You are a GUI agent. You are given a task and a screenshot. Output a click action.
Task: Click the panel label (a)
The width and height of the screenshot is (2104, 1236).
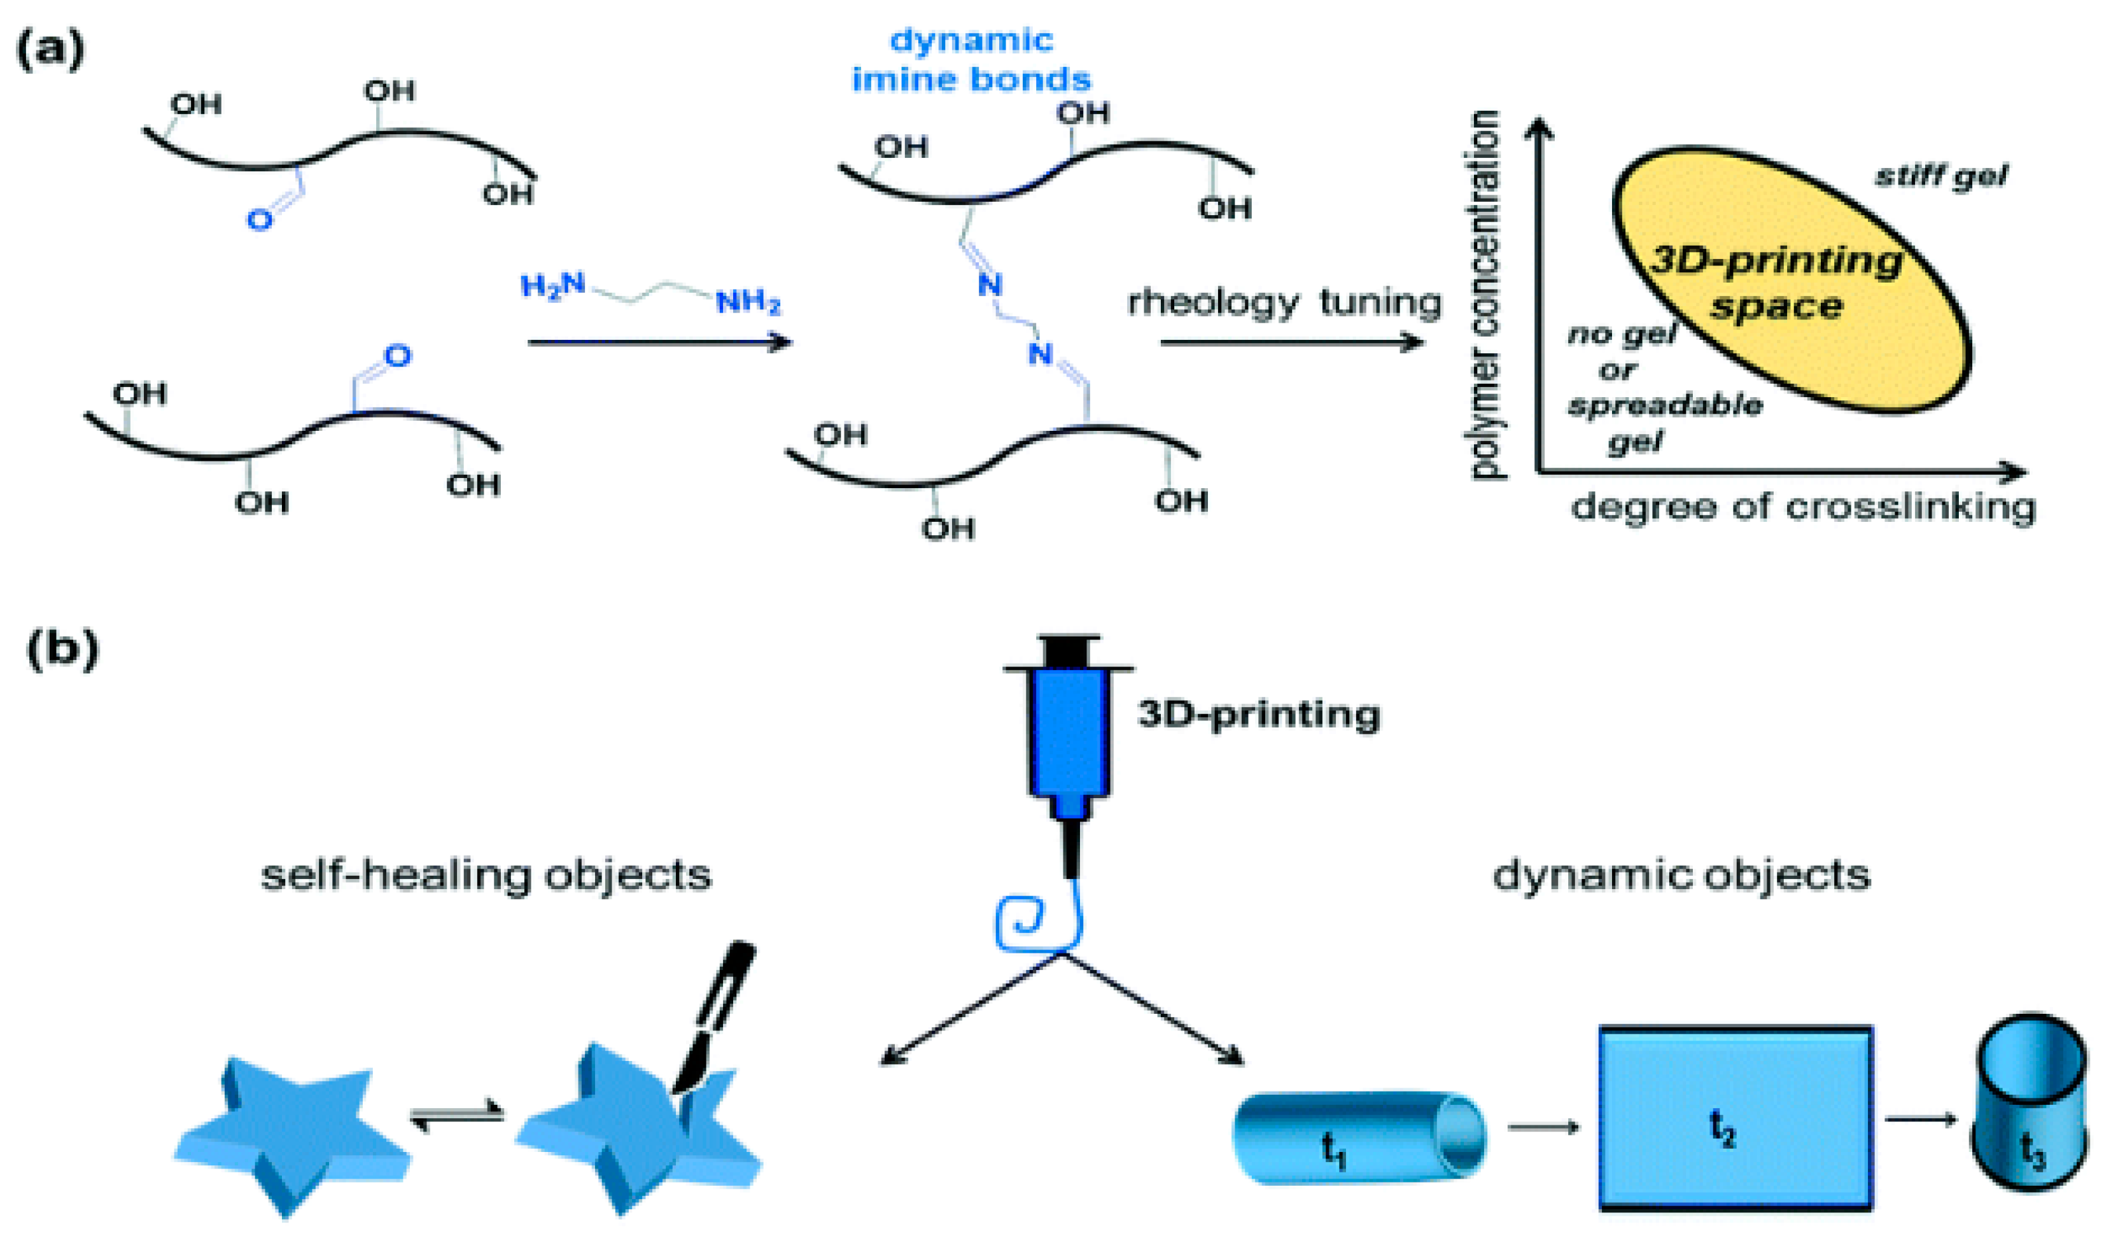coord(50,50)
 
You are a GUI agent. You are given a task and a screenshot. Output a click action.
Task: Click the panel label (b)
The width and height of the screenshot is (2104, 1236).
coord(62,650)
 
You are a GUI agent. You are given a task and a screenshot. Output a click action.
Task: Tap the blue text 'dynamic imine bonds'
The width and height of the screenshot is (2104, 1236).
coord(971,60)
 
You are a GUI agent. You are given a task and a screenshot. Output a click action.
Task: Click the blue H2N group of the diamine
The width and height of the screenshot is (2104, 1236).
coord(552,286)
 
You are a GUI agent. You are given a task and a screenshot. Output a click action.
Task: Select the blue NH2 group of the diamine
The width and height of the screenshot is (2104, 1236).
coord(748,302)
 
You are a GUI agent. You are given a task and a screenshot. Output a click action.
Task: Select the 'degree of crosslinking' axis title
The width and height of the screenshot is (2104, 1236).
coord(1804,507)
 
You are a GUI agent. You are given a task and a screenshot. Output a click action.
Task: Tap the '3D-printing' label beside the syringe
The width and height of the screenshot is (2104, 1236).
coord(1258,714)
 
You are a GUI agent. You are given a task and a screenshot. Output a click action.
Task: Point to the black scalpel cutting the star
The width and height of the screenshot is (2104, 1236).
coord(714,1019)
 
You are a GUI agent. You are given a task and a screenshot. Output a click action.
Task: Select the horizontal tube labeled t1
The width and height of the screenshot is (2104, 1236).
coord(1357,1137)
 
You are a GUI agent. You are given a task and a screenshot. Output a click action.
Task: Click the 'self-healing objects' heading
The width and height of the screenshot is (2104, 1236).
coord(486,875)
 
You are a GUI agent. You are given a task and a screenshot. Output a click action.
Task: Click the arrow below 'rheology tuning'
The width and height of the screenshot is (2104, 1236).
coord(1290,342)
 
